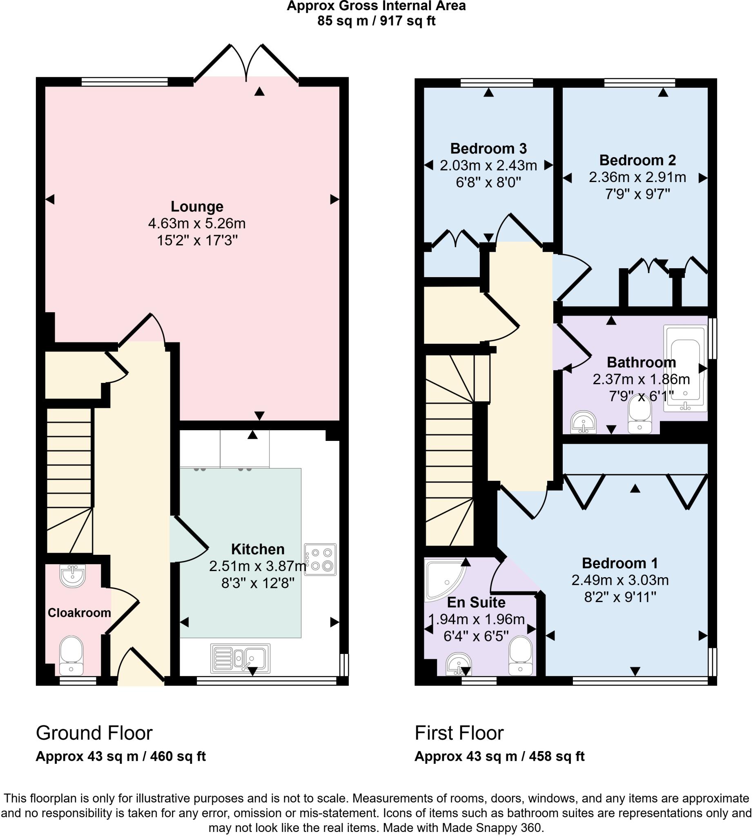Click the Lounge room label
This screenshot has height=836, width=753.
(197, 207)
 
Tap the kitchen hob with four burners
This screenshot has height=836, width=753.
(320, 560)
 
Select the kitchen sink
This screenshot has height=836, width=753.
(241, 658)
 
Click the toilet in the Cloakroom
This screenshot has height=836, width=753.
(71, 655)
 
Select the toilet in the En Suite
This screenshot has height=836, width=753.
(521, 656)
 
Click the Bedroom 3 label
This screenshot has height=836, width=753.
(488, 148)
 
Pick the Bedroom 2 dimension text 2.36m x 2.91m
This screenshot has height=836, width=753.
(637, 177)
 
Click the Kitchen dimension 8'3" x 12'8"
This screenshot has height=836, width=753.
(258, 583)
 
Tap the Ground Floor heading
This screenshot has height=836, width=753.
(94, 734)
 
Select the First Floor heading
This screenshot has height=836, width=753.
(459, 734)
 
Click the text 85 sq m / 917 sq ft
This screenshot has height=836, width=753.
(376, 21)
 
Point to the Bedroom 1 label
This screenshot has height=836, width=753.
(620, 563)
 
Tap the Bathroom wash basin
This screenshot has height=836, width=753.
(584, 422)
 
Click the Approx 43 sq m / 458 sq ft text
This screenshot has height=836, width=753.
(499, 756)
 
